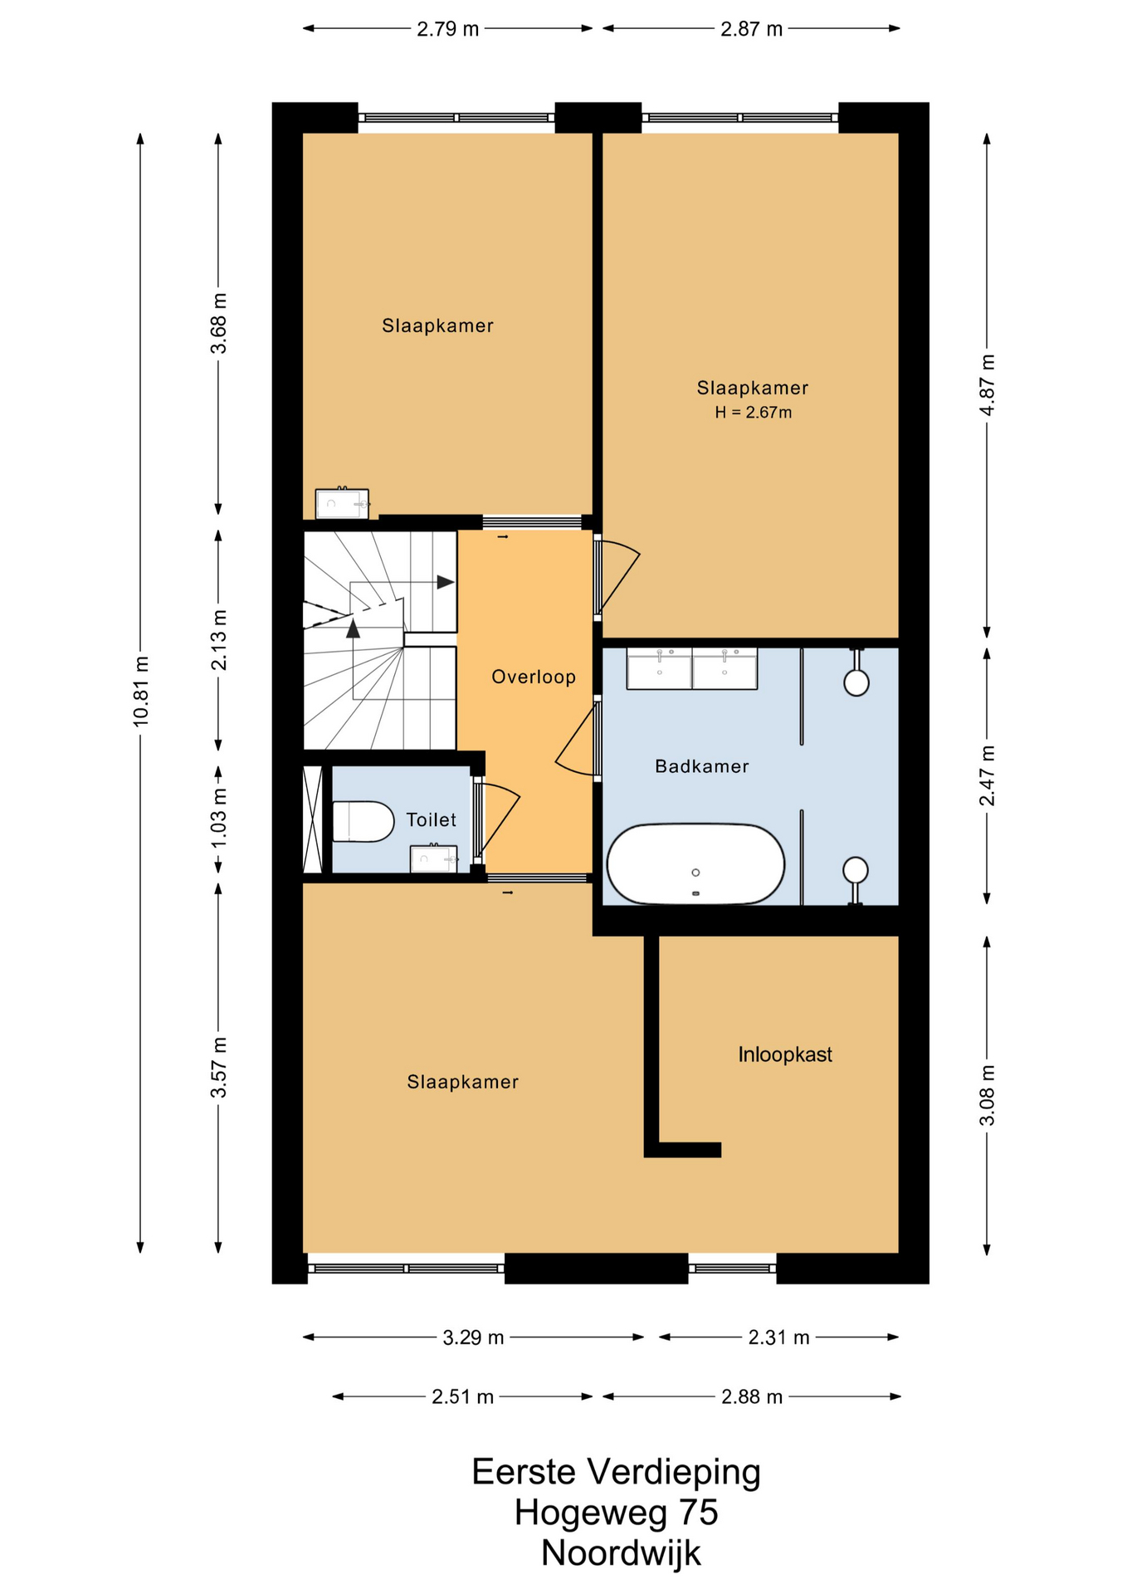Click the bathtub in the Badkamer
695,863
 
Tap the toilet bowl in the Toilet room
363,821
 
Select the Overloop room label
534,677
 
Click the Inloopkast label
785,1054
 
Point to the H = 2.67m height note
754,413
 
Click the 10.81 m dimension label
141,692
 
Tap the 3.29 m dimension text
473,1337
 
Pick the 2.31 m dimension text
778,1337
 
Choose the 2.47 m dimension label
987,775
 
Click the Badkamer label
702,766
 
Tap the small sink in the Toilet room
434,858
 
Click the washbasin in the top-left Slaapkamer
342,503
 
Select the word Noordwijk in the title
621,1552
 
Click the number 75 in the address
698,1512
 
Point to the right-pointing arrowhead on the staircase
446,582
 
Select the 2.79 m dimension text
448,29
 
